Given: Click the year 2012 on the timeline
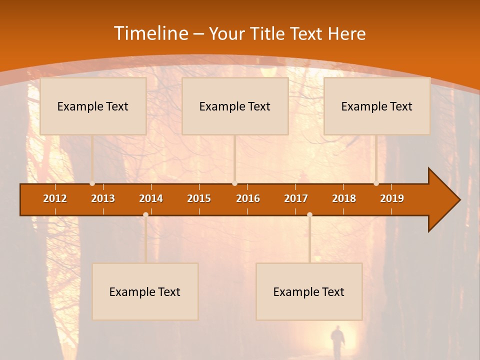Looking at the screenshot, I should click(55, 198).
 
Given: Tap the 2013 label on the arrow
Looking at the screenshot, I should click(103, 198).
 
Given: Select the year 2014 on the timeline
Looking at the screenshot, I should click(151, 198).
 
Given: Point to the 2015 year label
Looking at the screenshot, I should click(199, 198).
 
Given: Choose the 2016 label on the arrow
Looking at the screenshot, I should click(248, 198).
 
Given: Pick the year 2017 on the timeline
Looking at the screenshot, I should click(296, 198).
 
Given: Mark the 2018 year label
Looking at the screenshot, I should click(344, 198).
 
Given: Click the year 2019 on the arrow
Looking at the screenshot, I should click(392, 198).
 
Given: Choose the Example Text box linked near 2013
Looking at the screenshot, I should click(93, 106).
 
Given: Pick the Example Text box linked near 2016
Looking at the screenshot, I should click(235, 106).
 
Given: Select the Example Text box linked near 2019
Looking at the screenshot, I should click(377, 106).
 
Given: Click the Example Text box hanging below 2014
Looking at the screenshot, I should click(145, 291).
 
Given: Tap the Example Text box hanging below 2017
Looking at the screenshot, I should click(309, 291).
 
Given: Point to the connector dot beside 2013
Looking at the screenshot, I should click(92, 183).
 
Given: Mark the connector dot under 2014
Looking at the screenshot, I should click(145, 215).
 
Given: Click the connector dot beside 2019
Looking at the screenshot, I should click(376, 183).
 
